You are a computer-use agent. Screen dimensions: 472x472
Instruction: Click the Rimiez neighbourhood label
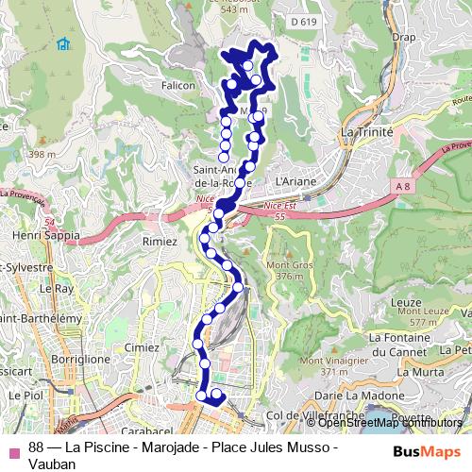tap(159, 241)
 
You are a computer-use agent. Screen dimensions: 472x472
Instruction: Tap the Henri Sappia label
tap(43, 234)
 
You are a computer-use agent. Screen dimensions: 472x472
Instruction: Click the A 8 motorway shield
tap(404, 187)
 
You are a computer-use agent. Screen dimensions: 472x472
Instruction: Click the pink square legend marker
tap(12, 447)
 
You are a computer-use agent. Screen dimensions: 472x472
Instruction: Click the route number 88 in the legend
tap(37, 447)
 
